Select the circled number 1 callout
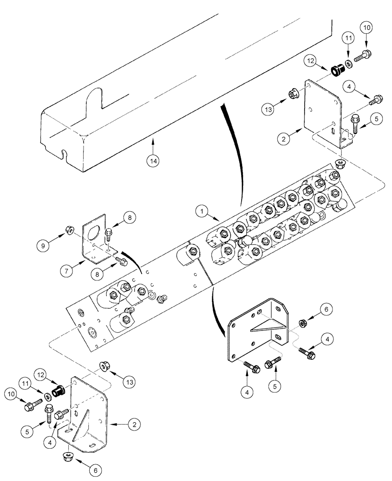point(202,211)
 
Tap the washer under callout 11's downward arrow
point(347,63)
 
